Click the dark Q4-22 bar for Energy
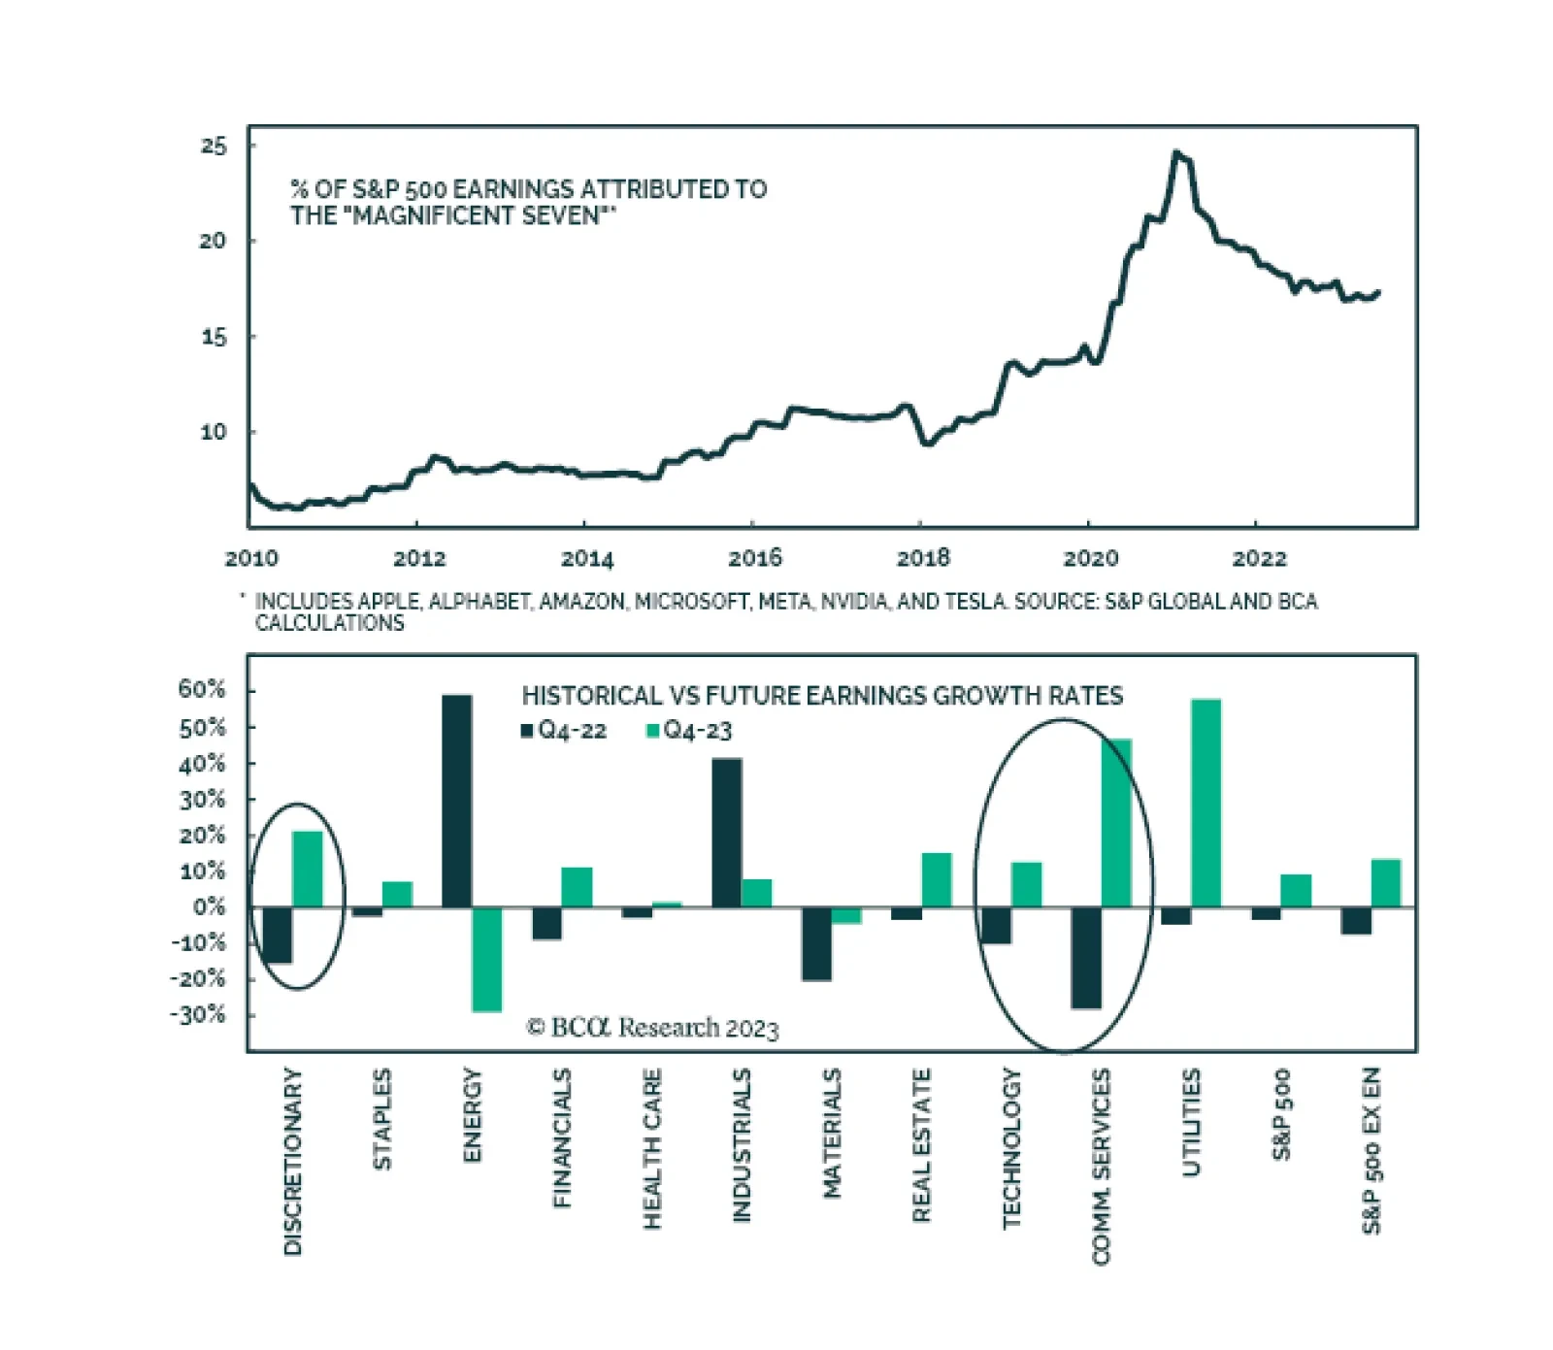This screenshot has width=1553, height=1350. [457, 801]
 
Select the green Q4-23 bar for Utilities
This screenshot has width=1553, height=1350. [1206, 803]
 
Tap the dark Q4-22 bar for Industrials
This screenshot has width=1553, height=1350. [727, 833]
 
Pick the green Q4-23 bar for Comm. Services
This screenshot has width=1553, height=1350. [1116, 823]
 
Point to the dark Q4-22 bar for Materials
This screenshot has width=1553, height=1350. [816, 943]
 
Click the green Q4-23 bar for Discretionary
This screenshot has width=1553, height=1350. [307, 869]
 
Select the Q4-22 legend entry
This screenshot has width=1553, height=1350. [564, 731]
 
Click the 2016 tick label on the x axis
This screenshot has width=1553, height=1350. [755, 558]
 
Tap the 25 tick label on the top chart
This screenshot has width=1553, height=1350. [214, 147]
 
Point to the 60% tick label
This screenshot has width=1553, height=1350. [202, 690]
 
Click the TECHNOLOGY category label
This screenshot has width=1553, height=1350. [1011, 1148]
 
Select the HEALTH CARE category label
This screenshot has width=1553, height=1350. [651, 1148]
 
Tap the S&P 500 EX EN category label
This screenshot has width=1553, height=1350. [1371, 1150]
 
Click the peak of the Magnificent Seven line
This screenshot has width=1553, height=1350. [1176, 152]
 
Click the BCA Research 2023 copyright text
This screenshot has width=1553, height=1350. [652, 1028]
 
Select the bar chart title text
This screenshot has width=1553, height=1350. [822, 696]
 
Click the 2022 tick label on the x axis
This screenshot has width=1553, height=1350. [1259, 558]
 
